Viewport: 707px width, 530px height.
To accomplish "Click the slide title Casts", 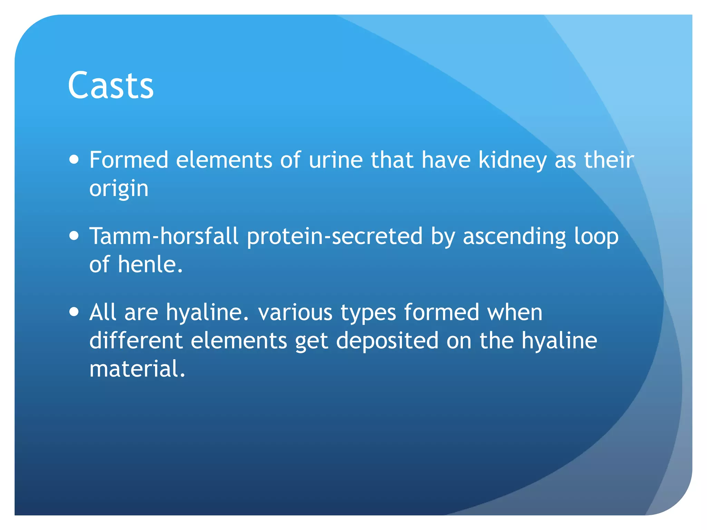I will [110, 85].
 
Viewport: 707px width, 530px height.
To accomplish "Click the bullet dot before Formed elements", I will [74, 160].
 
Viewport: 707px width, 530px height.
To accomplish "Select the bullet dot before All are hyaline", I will [74, 312].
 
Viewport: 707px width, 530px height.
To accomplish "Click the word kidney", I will [512, 160].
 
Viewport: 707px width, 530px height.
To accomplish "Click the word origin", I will [119, 189].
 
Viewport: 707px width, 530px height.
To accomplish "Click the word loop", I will [596, 237].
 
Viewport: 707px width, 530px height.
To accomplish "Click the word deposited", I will [387, 341].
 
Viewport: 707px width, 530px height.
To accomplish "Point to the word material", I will [137, 369].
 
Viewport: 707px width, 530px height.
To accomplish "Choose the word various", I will [295, 313].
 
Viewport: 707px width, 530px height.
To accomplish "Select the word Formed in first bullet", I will [129, 160].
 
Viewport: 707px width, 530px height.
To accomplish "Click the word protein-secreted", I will [335, 237].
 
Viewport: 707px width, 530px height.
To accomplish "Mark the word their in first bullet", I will [609, 160].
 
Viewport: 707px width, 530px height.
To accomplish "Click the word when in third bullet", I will [514, 313].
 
